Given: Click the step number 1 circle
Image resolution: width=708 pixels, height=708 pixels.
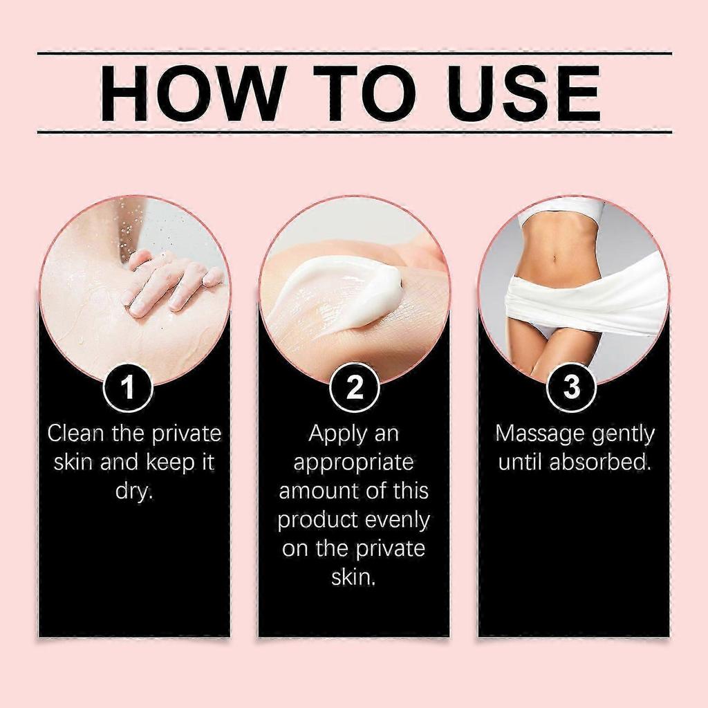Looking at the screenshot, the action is tap(129, 387).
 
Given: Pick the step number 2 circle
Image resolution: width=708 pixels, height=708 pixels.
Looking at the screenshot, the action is tap(354, 387).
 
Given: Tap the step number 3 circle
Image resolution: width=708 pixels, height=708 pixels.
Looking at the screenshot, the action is tap(572, 387).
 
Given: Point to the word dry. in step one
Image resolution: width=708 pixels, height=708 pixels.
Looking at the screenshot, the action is tap(134, 492).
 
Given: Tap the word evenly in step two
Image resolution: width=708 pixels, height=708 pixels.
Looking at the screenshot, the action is tap(397, 521).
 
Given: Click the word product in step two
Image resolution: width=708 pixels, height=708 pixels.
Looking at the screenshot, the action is tap(317, 521).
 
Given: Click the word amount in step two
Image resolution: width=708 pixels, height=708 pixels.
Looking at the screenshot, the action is tap(319, 492).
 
